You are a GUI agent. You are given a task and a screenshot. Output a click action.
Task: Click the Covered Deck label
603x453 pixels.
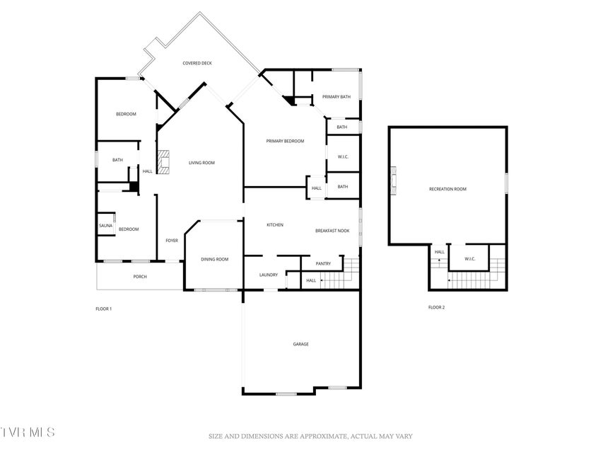pos(197,63)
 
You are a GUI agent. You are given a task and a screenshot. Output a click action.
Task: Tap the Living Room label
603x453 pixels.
pos(201,163)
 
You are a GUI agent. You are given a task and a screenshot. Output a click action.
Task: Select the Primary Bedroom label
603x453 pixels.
pos(285,142)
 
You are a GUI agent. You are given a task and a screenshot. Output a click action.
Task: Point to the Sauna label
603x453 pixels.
pos(105,226)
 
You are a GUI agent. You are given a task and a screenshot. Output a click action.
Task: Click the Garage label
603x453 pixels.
pos(300,345)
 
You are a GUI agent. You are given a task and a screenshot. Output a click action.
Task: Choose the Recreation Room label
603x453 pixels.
pos(447,189)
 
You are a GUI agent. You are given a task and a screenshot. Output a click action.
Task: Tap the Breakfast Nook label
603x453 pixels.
pos(332,231)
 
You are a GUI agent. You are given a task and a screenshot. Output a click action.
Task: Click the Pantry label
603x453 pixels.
pos(323,264)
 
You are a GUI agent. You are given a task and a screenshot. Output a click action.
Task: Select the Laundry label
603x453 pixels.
pos(269,275)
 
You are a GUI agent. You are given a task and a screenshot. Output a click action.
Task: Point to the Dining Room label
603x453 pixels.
pos(215,260)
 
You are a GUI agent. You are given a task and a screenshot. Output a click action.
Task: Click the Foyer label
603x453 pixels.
pos(172,241)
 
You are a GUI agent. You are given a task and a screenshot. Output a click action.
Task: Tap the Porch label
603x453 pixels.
pos(140,277)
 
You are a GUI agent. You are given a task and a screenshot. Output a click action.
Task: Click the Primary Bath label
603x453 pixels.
pos(336,97)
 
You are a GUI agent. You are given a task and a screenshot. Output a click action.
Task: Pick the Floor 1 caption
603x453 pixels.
pos(103,309)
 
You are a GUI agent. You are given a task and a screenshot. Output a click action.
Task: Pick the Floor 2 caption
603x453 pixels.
pos(436,307)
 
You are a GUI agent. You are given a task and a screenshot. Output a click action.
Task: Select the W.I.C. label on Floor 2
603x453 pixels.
pos(470,259)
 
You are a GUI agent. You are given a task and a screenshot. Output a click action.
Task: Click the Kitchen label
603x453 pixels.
pos(275,225)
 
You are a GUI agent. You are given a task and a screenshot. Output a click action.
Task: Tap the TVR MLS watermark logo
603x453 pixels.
pos(28,432)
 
